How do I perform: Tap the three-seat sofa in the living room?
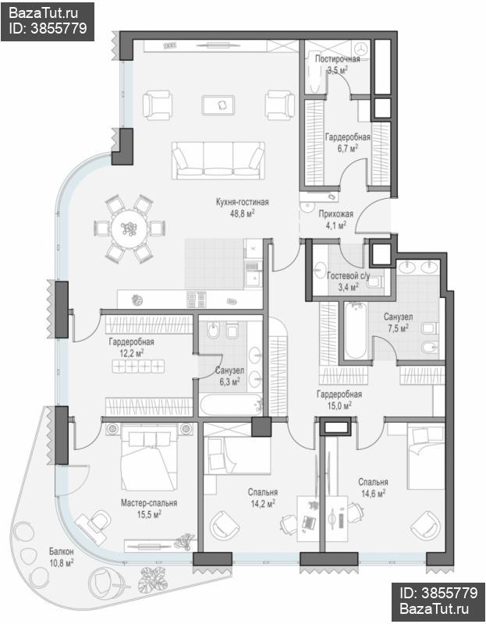point(218,160)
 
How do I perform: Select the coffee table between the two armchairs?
point(218,105)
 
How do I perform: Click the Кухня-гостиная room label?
point(242,202)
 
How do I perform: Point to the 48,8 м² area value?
point(242,214)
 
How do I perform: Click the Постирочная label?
point(337,59)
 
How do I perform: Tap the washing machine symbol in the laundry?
point(362,48)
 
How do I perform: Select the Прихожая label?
point(336,214)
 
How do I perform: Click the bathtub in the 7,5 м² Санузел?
point(356,330)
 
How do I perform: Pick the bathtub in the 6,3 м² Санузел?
point(231,405)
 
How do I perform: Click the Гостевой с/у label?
point(348,275)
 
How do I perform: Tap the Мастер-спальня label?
point(149,503)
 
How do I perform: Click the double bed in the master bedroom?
point(149,457)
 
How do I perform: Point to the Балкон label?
point(62,551)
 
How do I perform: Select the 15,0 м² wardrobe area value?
point(339,406)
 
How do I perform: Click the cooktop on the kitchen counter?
point(197,300)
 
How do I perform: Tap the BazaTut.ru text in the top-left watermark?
point(43,12)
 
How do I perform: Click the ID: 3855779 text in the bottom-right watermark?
point(438,594)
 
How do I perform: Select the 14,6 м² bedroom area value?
point(373,494)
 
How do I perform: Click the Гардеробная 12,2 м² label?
point(131,347)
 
